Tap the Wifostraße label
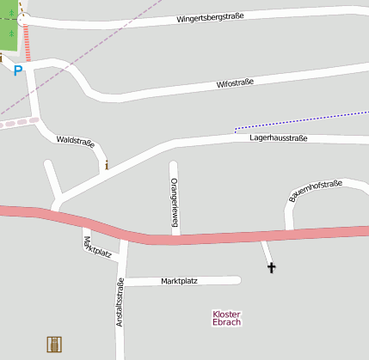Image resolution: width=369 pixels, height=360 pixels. tap(235, 84)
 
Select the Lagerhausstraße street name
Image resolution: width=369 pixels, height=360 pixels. tap(278, 137)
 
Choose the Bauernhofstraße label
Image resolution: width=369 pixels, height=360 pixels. tap(316, 191)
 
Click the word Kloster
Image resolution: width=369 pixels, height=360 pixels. tap(226, 314)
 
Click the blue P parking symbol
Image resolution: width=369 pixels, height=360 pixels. tap(17, 70)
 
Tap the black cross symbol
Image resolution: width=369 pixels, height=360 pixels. tap(272, 268)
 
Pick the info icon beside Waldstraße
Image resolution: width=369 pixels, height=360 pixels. tap(107, 164)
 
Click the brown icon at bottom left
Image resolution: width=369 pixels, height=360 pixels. tap(55, 344)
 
